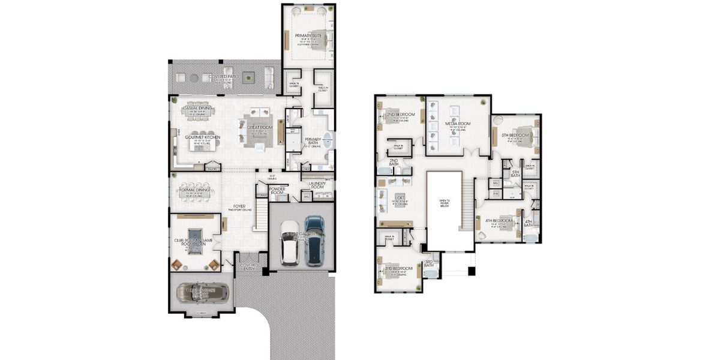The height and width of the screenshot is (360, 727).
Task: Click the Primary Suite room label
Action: point(308,36)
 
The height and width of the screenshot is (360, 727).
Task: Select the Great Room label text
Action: point(260,127)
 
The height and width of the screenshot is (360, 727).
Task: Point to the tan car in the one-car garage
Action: point(202,292)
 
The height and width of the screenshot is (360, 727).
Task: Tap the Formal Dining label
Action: point(194,190)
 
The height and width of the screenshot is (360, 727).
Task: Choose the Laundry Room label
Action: point(317,185)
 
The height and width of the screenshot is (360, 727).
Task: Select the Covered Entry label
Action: point(249,266)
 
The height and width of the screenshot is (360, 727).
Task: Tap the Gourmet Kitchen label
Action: point(202,137)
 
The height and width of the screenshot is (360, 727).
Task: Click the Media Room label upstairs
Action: point(457,124)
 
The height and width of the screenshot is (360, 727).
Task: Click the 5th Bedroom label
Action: point(515,136)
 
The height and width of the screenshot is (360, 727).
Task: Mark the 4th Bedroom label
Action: point(498,220)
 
